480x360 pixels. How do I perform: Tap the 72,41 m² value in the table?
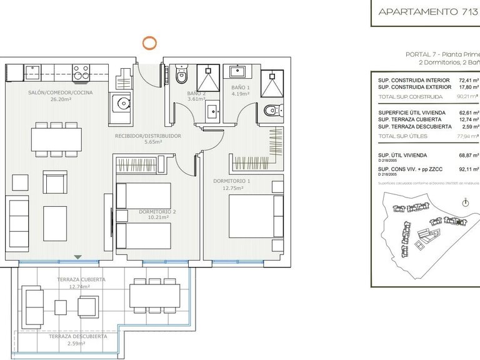[468, 81]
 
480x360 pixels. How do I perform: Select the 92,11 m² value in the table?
[468, 169]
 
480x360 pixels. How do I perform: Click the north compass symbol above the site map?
[465, 202]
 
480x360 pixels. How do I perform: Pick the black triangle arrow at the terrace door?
[77, 257]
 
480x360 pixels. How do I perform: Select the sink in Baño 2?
[213, 111]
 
